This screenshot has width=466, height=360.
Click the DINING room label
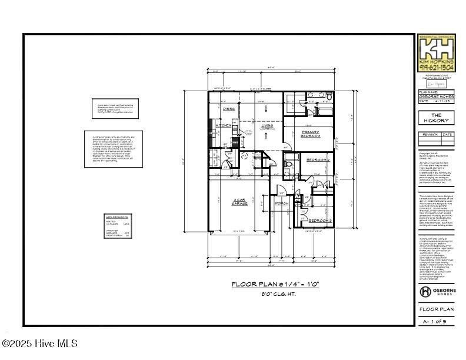(229, 109)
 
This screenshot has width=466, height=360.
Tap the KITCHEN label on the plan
(223, 125)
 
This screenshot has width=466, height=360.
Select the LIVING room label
(267, 125)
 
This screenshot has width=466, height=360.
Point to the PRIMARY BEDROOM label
(310, 134)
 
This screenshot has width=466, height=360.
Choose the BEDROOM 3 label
(321, 221)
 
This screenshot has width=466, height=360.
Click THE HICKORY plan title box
(436, 118)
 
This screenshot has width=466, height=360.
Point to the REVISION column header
(430, 134)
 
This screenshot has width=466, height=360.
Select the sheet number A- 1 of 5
(436, 322)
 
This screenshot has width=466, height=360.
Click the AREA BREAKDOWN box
(117, 226)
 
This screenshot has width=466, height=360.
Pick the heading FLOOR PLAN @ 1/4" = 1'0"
(275, 284)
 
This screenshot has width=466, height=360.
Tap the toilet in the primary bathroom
(329, 96)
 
